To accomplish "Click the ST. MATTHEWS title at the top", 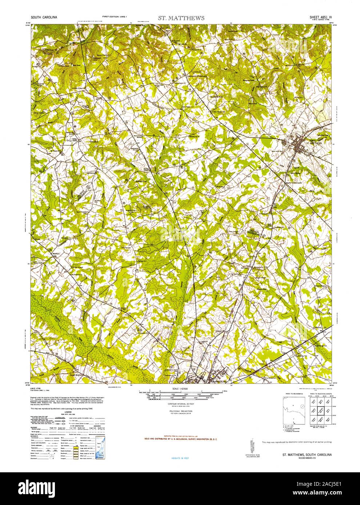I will point(181,18).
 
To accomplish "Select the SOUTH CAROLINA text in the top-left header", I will point(43,17).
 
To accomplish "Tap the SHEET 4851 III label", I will point(320,17).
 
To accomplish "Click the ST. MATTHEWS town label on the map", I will point(314,144).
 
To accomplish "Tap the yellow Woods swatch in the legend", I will point(76,439).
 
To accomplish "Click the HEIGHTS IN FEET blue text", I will point(180,458).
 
